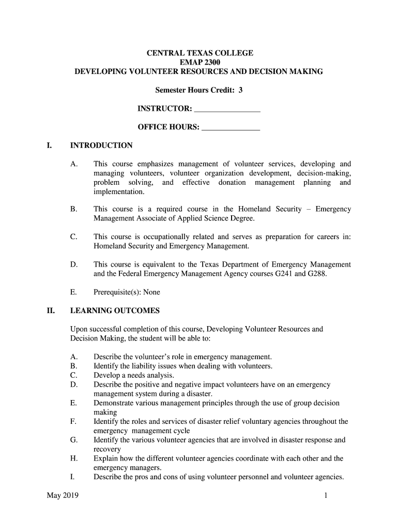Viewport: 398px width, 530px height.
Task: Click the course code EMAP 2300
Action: [x=199, y=62]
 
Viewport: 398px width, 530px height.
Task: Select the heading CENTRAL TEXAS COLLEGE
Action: [x=199, y=53]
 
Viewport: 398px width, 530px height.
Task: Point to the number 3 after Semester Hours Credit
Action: [x=240, y=91]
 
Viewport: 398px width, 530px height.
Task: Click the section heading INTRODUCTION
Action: [x=101, y=145]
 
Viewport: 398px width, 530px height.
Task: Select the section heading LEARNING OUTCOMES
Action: [x=115, y=311]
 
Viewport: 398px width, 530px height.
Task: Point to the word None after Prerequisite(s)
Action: [x=151, y=292]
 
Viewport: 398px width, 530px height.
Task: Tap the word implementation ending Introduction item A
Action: [x=119, y=192]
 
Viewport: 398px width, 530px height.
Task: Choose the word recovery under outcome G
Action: [x=107, y=449]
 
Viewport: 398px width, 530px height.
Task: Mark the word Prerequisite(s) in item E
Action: [x=117, y=292]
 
